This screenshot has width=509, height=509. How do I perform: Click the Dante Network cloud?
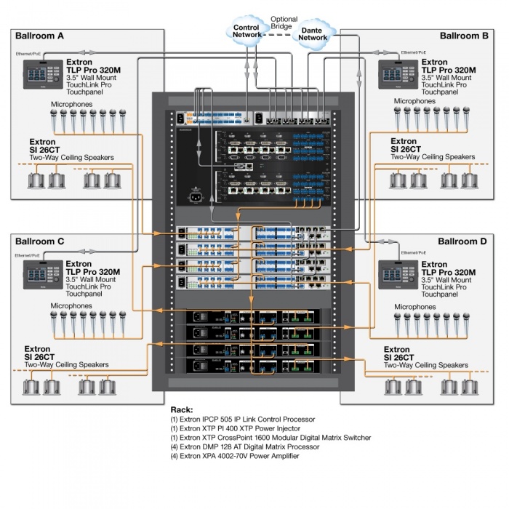pyautogui.click(x=313, y=33)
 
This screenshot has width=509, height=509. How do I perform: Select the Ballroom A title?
pyautogui.click(x=40, y=36)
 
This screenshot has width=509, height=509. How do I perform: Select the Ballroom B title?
pyautogui.click(x=464, y=36)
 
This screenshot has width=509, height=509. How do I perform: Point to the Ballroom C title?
pyautogui.click(x=40, y=241)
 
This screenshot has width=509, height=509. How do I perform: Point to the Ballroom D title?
pyautogui.click(x=463, y=241)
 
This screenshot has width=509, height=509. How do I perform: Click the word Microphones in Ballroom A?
pyautogui.click(x=71, y=105)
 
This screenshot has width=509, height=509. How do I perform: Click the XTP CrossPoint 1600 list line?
pyautogui.click(x=270, y=438)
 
